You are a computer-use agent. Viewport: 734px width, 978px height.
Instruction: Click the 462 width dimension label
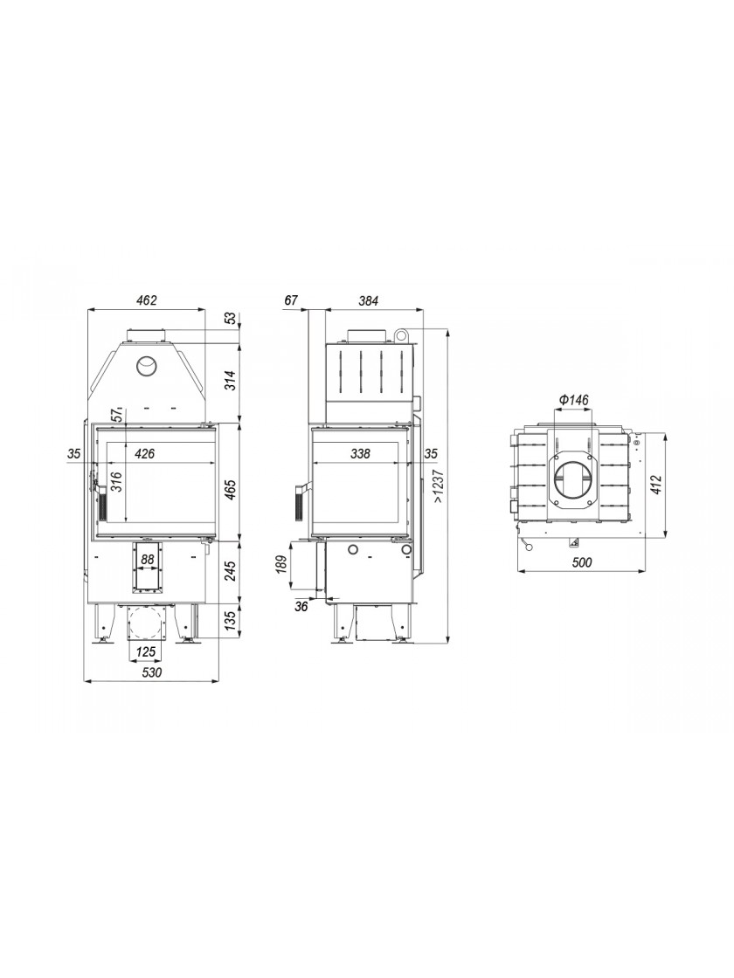pyautogui.click(x=146, y=300)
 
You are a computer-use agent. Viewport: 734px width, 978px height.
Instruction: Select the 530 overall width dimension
pyautogui.click(x=152, y=672)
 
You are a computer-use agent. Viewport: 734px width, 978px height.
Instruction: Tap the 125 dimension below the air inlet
pyautogui.click(x=145, y=652)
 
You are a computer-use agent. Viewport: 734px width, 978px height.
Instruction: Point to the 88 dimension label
pyautogui.click(x=148, y=560)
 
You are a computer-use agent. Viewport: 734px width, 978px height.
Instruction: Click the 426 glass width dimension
pyautogui.click(x=144, y=453)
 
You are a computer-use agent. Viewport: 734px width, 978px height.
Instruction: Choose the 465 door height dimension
pyautogui.click(x=230, y=490)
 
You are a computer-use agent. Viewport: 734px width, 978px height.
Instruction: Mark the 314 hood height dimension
pyautogui.click(x=230, y=381)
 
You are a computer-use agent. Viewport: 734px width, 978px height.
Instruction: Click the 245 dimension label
pyautogui.click(x=230, y=571)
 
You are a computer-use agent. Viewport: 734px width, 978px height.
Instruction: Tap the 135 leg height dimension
pyautogui.click(x=230, y=621)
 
